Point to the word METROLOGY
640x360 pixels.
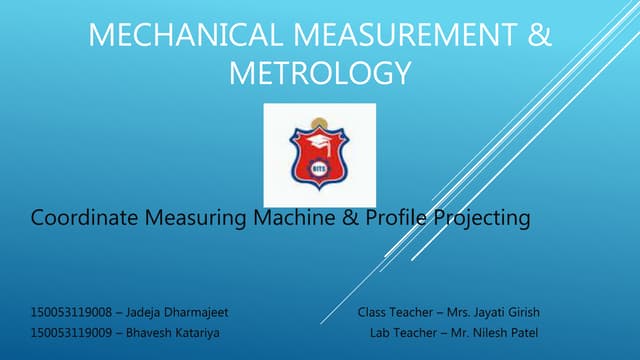tap(319, 73)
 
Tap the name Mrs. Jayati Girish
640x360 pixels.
tap(493, 313)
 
